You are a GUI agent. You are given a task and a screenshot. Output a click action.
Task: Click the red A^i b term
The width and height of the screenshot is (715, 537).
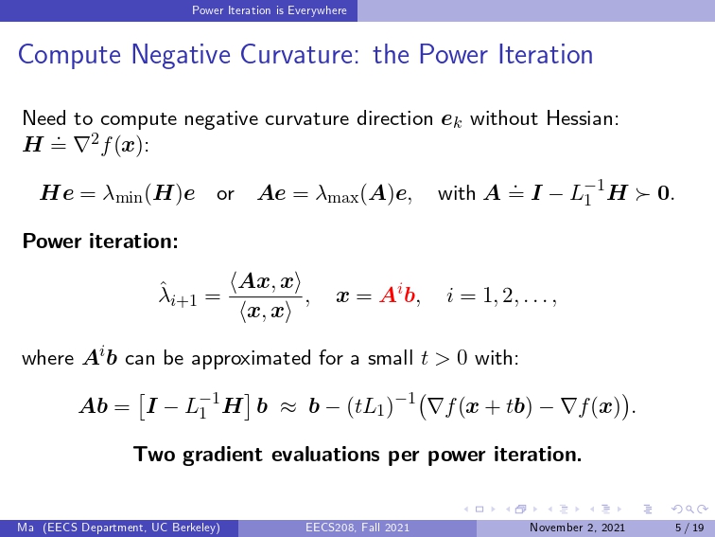click(x=397, y=295)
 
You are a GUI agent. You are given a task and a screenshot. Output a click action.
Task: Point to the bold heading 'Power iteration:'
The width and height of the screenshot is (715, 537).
click(x=100, y=241)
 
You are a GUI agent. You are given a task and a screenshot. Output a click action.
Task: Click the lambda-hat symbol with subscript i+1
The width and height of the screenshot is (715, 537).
click(x=178, y=295)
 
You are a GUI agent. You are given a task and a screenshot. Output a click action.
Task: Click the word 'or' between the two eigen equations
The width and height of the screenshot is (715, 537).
click(x=225, y=194)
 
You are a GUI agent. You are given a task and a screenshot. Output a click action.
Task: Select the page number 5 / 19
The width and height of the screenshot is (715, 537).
click(x=689, y=528)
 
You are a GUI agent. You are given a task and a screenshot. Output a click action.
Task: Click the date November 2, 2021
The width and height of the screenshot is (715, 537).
click(x=577, y=528)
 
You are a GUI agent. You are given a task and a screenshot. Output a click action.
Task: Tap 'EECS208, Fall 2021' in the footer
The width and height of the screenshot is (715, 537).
click(x=357, y=528)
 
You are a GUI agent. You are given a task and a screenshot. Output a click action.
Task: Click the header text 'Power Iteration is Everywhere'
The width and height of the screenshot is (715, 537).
click(x=269, y=10)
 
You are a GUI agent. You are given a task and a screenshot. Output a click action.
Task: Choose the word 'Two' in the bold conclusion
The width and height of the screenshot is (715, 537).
click(x=153, y=455)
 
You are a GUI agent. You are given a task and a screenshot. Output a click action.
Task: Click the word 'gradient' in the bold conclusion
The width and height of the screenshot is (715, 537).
click(x=222, y=456)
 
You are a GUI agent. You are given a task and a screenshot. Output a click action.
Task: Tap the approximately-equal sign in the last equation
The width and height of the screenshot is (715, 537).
click(x=288, y=406)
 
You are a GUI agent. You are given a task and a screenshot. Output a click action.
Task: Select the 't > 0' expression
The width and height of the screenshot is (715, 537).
click(x=445, y=358)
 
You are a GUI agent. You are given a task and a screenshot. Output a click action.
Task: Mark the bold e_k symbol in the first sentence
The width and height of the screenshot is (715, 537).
click(x=451, y=120)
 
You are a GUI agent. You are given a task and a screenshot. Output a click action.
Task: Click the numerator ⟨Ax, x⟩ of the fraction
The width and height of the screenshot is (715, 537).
click(x=266, y=282)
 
